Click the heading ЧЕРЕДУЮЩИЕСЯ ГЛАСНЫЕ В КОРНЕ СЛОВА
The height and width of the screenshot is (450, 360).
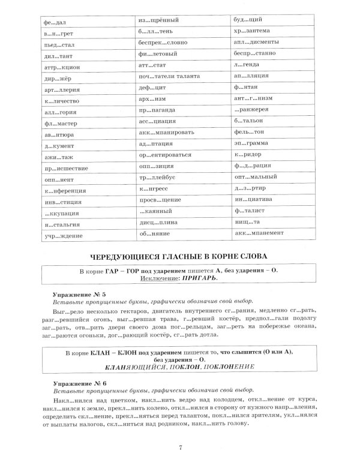(x=180, y=254)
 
